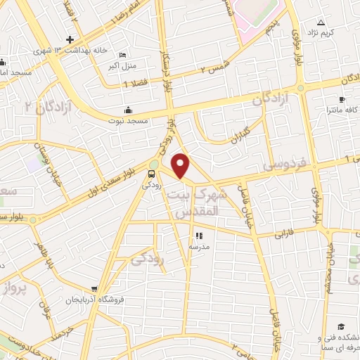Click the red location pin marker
point(181,165)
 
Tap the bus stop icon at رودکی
point(153,174)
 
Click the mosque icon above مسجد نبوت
point(127,110)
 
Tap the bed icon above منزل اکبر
point(124,56)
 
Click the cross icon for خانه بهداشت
point(70,39)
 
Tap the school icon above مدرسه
point(198,236)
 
